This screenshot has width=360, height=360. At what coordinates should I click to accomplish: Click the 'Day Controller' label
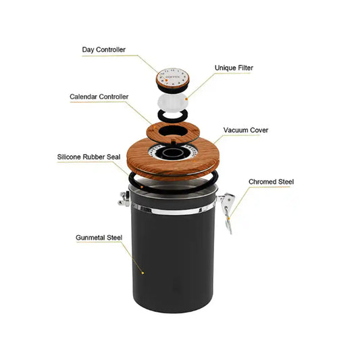(103, 49)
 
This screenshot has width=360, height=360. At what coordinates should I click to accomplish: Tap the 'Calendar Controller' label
(99, 97)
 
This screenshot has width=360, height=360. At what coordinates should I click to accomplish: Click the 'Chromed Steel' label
(271, 182)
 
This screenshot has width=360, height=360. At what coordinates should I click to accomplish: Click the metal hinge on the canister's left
(124, 199)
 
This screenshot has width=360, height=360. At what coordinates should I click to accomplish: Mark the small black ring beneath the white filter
(174, 116)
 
